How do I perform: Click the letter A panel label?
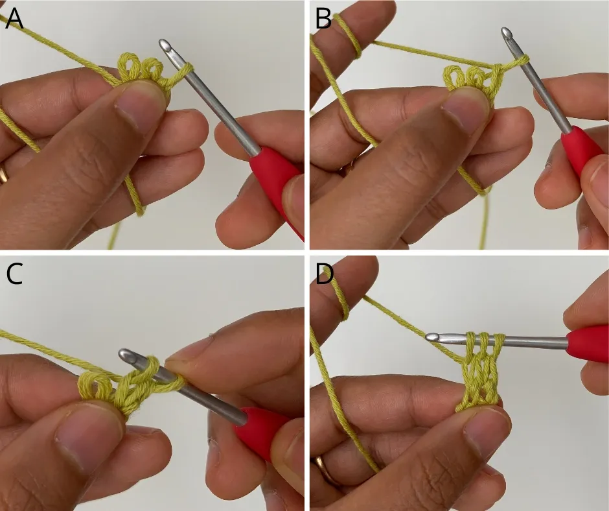[x=14, y=18]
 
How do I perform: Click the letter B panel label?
[x=323, y=18]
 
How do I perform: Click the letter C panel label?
[x=14, y=274]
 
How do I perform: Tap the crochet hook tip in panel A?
[x=165, y=45]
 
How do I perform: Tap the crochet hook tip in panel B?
[x=507, y=32]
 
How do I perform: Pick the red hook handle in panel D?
[x=587, y=344]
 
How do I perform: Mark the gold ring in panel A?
[x=3, y=172]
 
